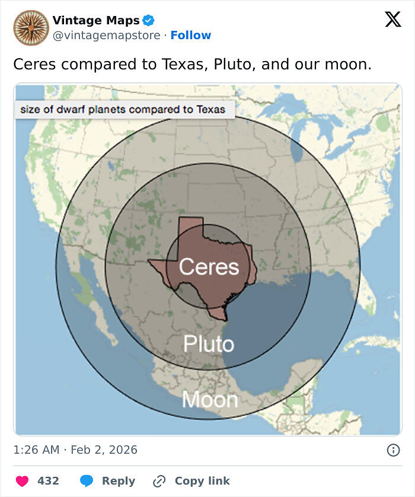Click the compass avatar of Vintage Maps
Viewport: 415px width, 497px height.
[x=31, y=27]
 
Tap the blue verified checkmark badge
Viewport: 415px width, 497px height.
[x=148, y=21]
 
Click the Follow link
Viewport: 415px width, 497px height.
[x=190, y=36]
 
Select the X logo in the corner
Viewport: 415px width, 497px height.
[x=392, y=20]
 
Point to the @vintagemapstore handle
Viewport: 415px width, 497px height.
[x=106, y=36]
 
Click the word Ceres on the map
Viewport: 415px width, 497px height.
[x=209, y=267]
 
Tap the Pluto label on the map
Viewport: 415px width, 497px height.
[x=208, y=343]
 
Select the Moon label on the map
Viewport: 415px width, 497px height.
[x=209, y=400]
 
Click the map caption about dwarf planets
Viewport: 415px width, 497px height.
[x=123, y=109]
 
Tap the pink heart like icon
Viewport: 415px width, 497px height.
[x=23, y=481]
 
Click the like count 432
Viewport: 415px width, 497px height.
[x=48, y=481]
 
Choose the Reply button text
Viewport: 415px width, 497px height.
[x=118, y=481]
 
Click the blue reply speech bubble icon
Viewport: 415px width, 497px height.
[x=87, y=481]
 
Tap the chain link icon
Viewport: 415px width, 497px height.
[x=159, y=481]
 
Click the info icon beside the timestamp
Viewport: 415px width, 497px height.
[x=392, y=450]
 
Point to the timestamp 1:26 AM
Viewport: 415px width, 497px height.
[x=36, y=450]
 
